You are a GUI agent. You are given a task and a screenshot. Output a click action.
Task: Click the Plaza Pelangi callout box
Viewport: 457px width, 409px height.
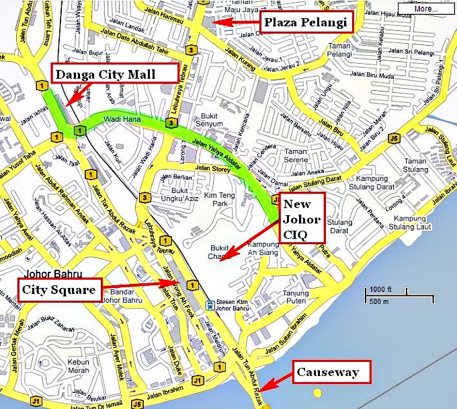click(x=306, y=23)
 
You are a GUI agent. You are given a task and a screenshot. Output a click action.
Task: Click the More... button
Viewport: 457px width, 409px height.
click(x=426, y=9)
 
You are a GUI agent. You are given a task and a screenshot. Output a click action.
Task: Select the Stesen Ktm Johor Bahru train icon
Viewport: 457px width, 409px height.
click(x=210, y=305)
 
